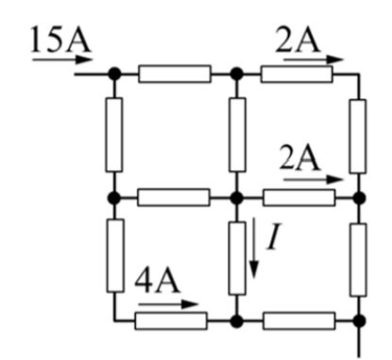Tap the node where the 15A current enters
coord(114,73)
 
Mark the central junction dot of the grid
coord(237,197)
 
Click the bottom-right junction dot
coord(359,319)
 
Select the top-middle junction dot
coord(237,73)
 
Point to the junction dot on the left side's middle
coord(114,197)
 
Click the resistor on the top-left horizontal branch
coord(175,73)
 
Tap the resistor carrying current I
coord(237,257)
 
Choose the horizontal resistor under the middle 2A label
coord(298,197)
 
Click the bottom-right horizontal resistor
coord(298,319)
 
